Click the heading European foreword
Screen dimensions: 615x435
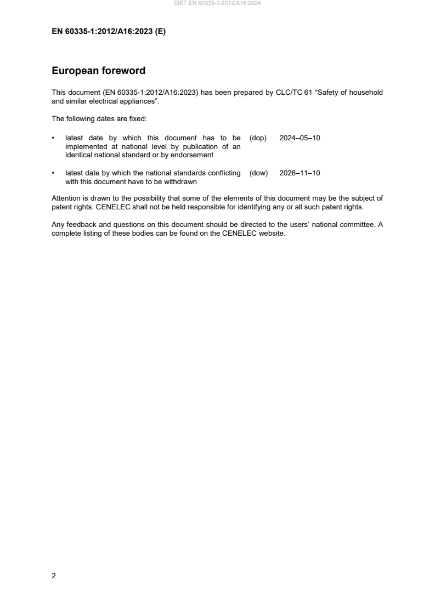coord(98,71)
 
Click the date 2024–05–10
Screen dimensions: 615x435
coord(300,138)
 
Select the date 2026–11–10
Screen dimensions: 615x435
coord(300,173)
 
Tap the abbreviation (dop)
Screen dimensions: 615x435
coord(258,138)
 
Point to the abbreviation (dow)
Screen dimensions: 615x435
coord(258,173)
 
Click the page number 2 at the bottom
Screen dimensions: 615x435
coord(54,576)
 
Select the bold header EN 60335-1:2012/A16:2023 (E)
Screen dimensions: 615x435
coord(108,32)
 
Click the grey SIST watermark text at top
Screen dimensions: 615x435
coord(217,3)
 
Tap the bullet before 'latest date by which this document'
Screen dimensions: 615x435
coord(53,138)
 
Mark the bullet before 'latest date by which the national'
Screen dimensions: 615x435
coord(53,173)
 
